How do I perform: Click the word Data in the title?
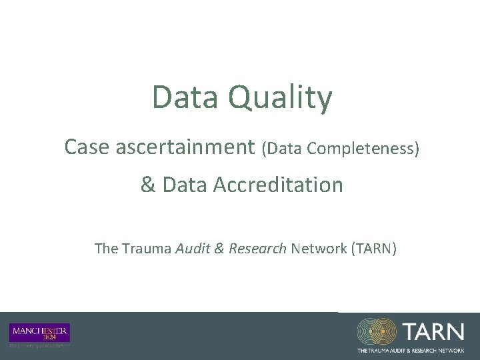click(x=185, y=97)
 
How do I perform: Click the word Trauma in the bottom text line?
click(x=145, y=249)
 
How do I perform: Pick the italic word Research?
click(x=257, y=249)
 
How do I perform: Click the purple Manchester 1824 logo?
click(x=40, y=332)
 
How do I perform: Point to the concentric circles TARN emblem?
click(x=377, y=331)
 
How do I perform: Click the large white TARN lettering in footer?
click(x=433, y=331)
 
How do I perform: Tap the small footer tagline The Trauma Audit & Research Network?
click(x=410, y=349)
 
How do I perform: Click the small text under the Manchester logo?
click(x=39, y=345)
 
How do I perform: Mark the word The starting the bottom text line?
click(x=106, y=249)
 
